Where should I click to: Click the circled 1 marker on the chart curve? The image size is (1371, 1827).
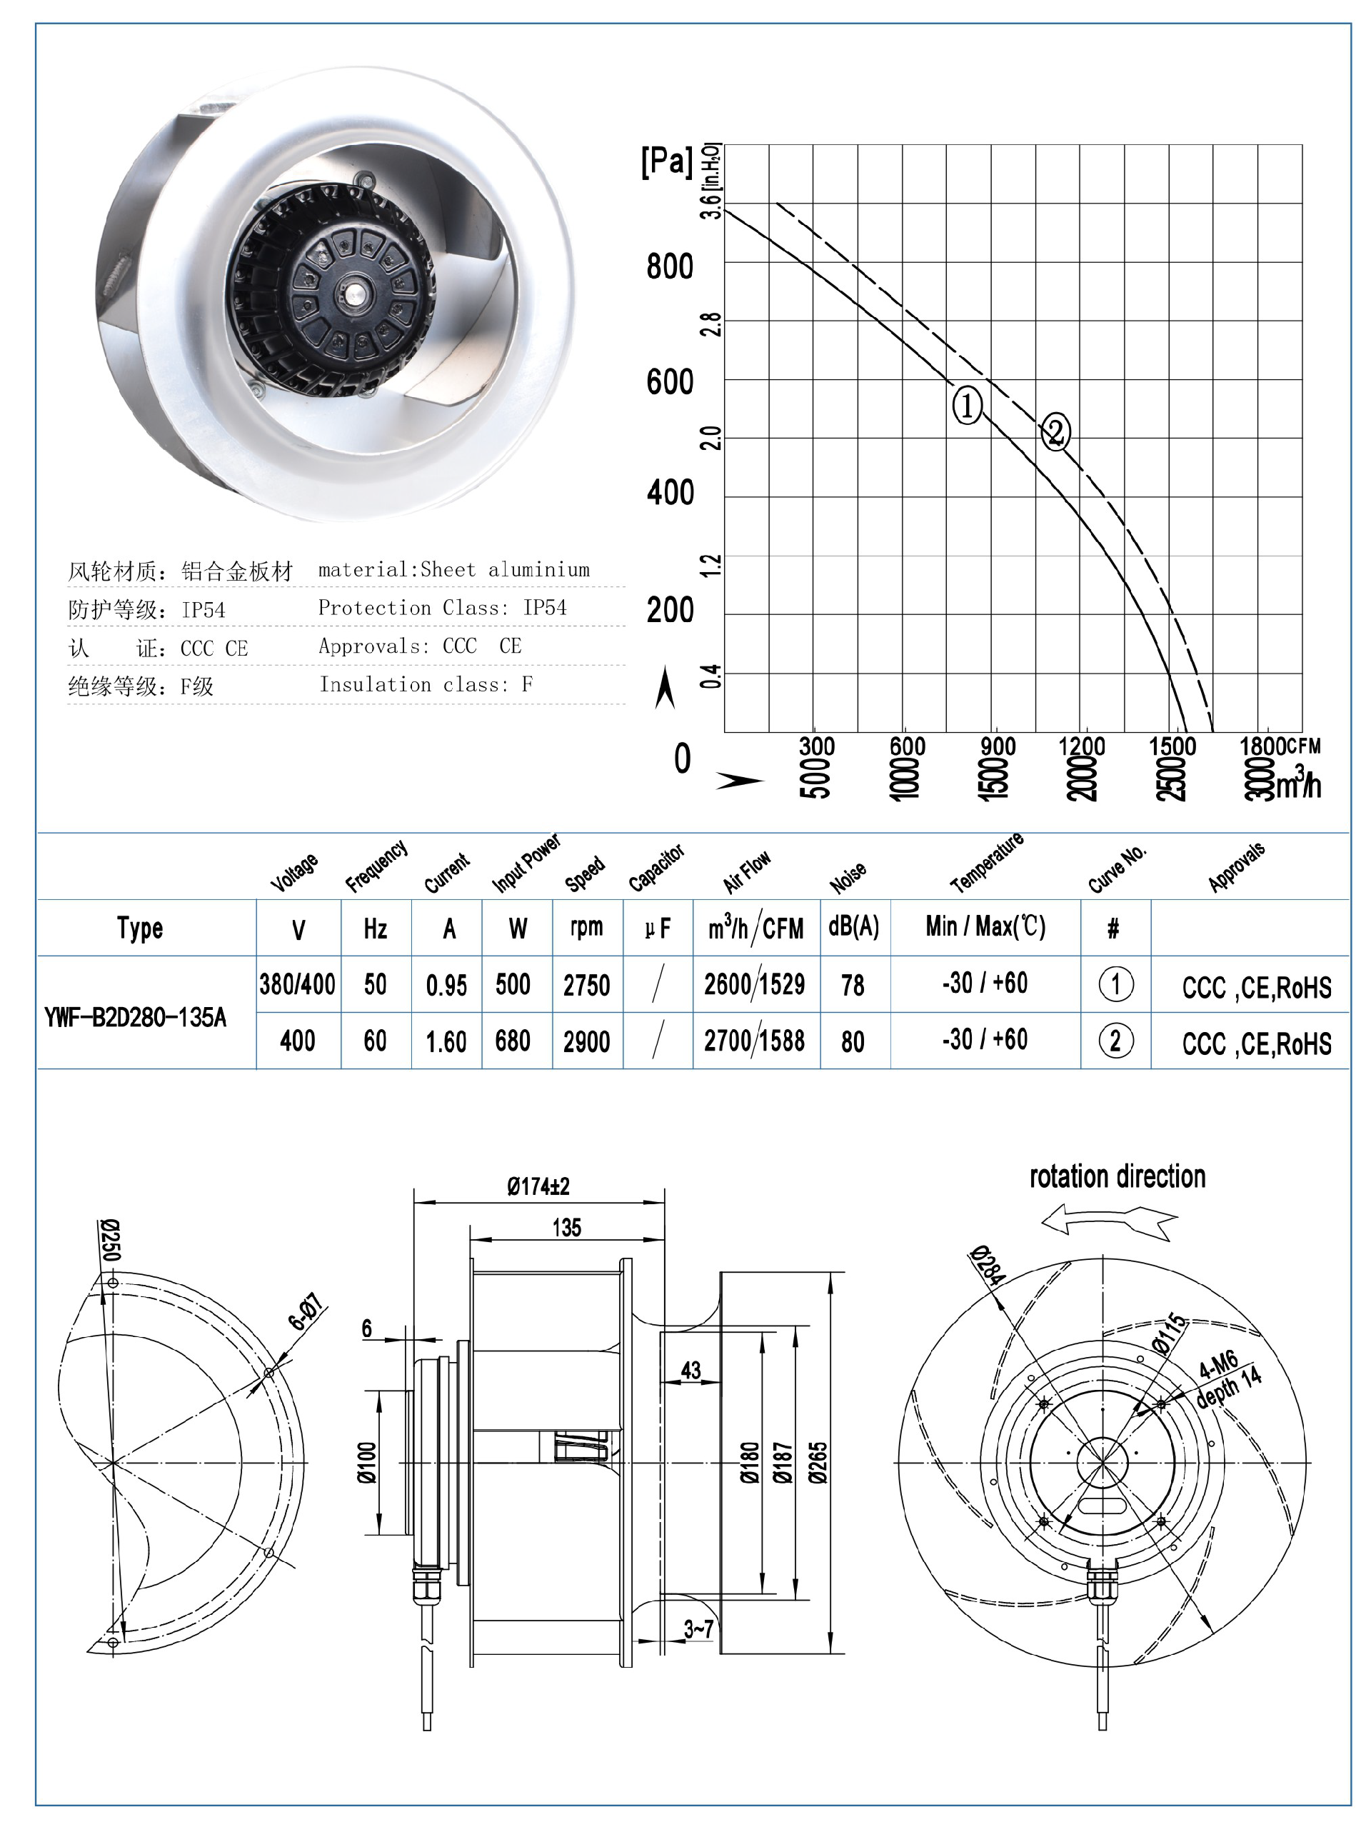(967, 405)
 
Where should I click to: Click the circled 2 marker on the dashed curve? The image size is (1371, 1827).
(1055, 431)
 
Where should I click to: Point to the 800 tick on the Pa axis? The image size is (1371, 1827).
(670, 267)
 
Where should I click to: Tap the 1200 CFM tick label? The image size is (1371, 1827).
(1081, 746)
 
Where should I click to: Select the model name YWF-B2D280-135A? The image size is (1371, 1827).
(135, 1018)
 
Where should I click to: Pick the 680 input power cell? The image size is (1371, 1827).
(512, 1041)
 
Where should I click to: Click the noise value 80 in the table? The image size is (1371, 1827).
(853, 1041)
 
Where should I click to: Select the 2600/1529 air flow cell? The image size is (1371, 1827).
(754, 984)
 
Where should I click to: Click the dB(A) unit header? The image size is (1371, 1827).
(853, 927)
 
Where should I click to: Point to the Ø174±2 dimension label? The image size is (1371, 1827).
(538, 1187)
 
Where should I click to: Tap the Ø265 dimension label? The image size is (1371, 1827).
(818, 1463)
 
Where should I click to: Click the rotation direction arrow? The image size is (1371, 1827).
(1108, 1219)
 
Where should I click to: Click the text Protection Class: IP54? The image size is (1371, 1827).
(442, 608)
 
